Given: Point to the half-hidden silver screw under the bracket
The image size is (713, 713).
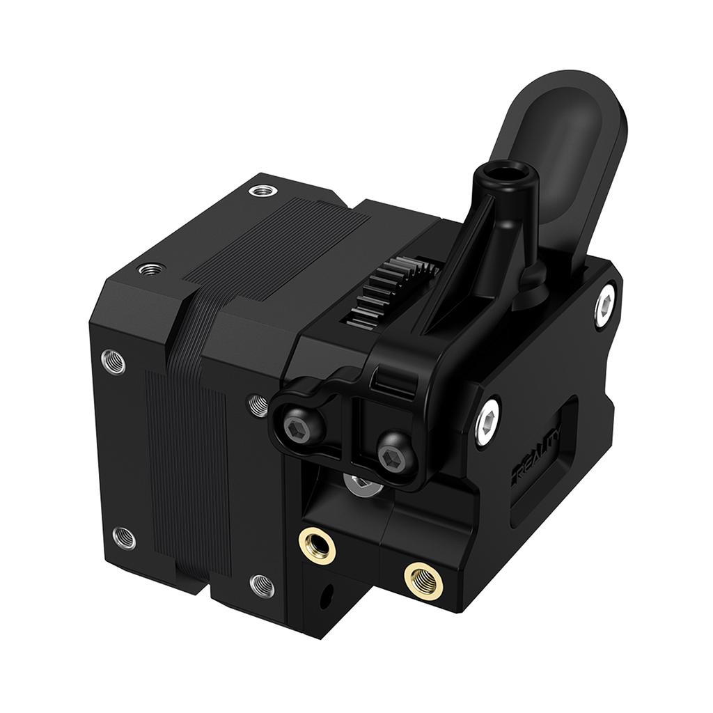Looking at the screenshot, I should (x=361, y=483).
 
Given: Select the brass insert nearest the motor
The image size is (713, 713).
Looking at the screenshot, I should (x=318, y=542).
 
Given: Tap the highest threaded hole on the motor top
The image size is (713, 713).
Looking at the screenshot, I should (x=262, y=189).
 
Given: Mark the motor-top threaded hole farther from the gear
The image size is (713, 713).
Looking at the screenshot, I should (x=151, y=268).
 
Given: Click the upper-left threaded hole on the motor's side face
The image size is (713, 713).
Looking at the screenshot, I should (x=113, y=361).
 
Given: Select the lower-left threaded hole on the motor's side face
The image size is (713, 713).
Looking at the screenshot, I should (x=123, y=537).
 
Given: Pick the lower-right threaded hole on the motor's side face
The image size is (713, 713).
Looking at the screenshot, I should (x=262, y=586).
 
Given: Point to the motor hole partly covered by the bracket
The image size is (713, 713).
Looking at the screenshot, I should (x=258, y=404).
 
